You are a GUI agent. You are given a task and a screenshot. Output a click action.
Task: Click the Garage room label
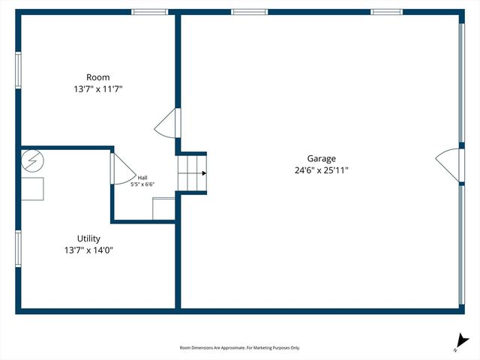point(321,158)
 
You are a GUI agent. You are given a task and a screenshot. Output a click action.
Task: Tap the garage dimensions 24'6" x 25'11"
point(321,170)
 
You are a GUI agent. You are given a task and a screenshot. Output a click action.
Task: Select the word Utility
point(88,239)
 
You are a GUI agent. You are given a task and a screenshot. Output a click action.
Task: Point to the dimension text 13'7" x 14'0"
point(88,251)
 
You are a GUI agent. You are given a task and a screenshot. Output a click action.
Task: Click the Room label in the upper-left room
point(97,77)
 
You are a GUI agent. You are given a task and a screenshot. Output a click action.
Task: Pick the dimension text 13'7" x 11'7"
point(97,89)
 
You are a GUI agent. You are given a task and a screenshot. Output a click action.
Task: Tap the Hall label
point(142,178)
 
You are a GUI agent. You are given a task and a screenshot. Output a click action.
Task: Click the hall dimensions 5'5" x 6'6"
point(141,184)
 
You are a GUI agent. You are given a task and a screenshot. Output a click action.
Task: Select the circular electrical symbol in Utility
point(33,160)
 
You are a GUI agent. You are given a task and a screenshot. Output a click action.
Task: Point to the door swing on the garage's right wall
point(448,163)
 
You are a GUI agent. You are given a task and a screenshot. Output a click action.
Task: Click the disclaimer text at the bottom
point(240,348)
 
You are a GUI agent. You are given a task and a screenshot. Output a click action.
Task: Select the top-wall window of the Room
point(150,12)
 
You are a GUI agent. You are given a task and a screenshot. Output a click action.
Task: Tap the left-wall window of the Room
point(19,70)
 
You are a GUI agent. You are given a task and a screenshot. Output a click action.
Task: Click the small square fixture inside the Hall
point(163,208)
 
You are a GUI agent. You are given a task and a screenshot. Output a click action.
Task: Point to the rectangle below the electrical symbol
point(32,189)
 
